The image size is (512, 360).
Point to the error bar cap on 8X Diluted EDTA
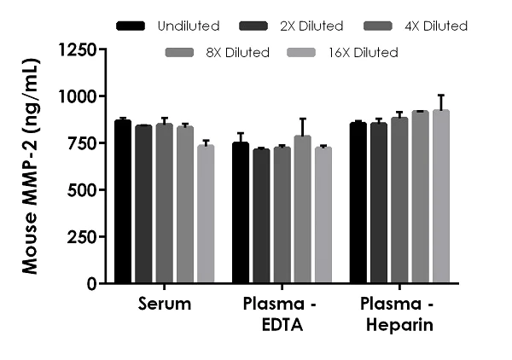point(302,119)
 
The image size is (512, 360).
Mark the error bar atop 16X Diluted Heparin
point(440,96)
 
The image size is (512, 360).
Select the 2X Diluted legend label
point(313,26)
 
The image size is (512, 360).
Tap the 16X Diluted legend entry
point(346,53)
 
